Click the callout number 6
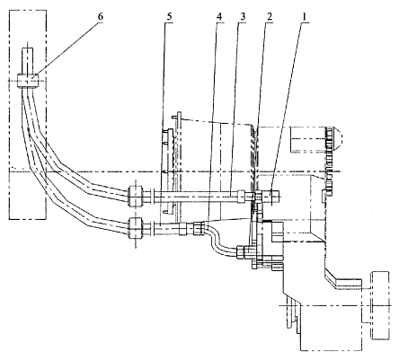[100, 17]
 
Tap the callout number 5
[170, 17]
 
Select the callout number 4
[219, 17]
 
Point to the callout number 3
[243, 17]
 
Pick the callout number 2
[270, 17]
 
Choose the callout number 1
[305, 17]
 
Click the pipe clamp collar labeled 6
[28, 81]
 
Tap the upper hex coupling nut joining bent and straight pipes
[135, 197]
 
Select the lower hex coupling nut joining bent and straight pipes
[135, 228]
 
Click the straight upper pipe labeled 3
[196, 197]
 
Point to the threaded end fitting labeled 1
[271, 197]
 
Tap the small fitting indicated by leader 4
[199, 229]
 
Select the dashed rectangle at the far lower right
[380, 305]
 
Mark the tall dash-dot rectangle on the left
[28, 115]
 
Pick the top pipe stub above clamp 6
[28, 61]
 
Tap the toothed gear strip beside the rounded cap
[330, 159]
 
